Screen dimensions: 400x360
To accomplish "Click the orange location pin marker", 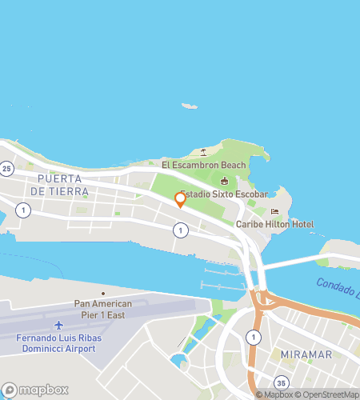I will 180,200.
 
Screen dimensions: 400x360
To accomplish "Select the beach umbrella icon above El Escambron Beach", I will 204,152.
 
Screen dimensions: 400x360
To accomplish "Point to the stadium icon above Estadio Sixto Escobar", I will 224,181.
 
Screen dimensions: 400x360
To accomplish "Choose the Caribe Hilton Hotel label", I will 274,225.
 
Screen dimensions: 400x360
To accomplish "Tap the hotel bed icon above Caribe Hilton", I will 274,212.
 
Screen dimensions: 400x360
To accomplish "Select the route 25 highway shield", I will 7,169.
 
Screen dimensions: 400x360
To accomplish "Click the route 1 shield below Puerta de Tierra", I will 24,210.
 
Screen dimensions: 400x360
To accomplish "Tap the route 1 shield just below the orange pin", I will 181,230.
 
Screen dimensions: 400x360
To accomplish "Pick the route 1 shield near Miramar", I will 254,336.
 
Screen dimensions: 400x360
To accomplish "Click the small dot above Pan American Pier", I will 103,294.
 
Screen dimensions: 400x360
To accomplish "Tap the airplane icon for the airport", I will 58,326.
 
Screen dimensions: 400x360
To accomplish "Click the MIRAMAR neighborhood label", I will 305,354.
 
